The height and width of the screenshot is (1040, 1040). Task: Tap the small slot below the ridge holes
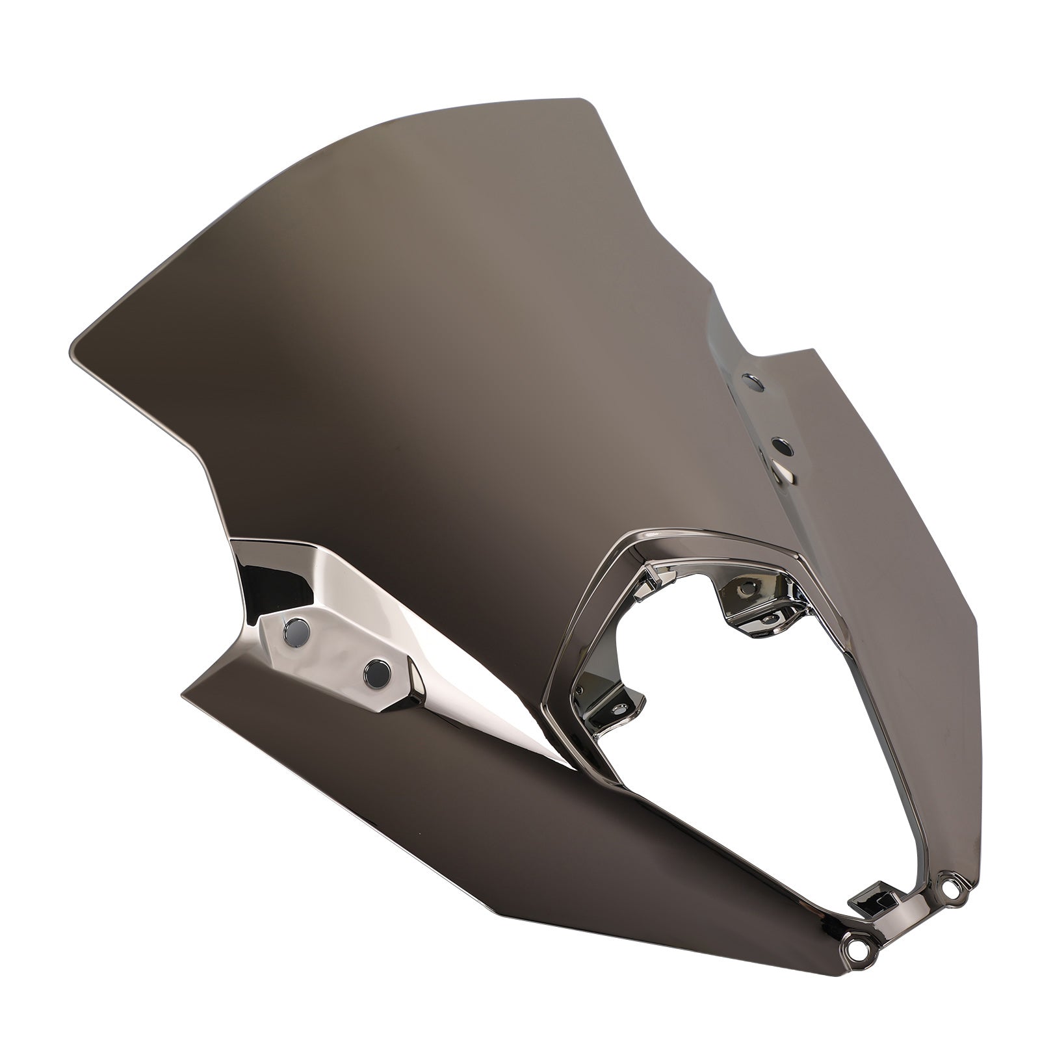tap(786, 473)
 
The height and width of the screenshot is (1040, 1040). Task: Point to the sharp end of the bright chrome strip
tap(572, 767)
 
